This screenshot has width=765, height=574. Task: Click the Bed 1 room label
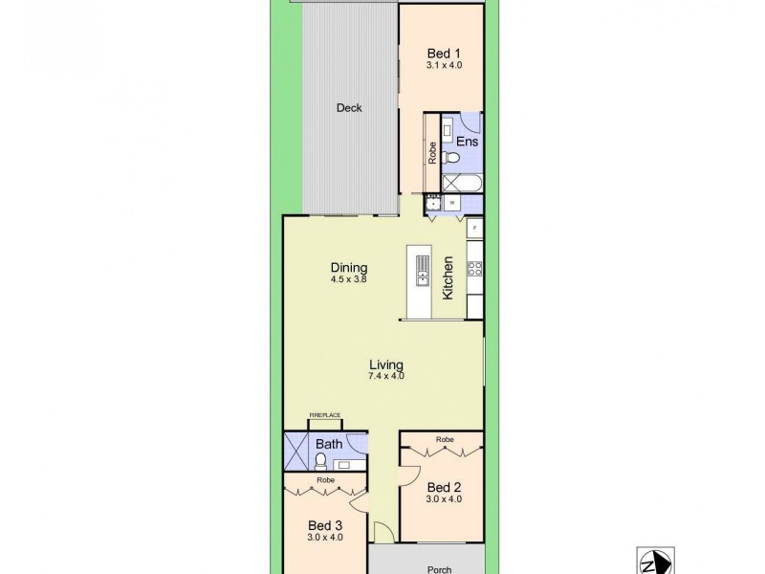(442, 55)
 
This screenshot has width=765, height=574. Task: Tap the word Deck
(349, 108)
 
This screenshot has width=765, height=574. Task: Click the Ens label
(467, 142)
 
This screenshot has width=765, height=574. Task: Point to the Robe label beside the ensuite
(432, 153)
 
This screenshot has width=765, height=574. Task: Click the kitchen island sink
(420, 278)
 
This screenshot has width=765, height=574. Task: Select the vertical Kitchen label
(448, 277)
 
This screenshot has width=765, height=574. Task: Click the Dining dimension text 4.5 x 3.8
(349, 279)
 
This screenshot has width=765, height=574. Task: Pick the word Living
(387, 364)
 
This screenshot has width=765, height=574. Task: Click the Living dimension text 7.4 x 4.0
(387, 376)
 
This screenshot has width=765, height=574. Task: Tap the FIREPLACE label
(325, 415)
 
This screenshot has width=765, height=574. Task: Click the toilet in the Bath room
(321, 460)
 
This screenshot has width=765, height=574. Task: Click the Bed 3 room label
(325, 525)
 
